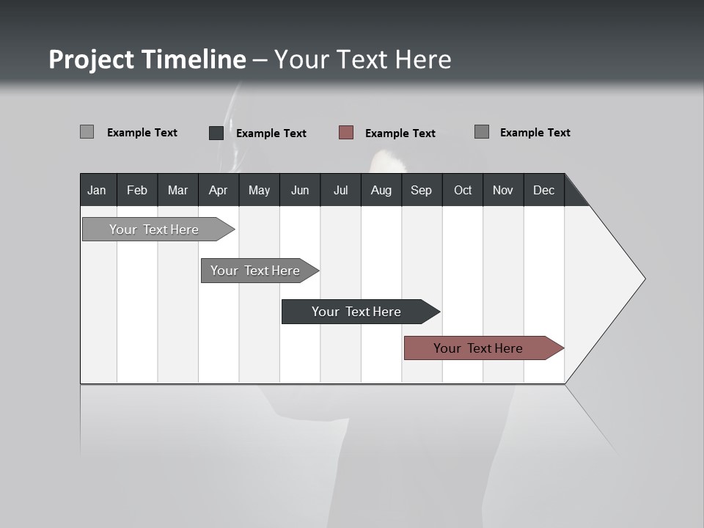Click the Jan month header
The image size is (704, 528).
pos(98,190)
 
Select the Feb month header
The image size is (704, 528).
pos(137,190)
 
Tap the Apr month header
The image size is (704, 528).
pos(218,190)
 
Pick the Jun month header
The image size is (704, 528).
pos(300,190)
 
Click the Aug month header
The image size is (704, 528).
pos(381,190)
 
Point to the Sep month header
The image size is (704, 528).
pos(421,190)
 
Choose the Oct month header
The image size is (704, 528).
pos(463,190)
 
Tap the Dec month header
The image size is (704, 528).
pos(543,190)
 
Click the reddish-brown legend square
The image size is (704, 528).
pos(346,133)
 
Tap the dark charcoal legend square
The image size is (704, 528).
pos(216,133)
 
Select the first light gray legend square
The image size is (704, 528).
pos(87,132)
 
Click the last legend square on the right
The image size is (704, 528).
pos(482,132)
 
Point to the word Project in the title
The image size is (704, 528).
pos(92,59)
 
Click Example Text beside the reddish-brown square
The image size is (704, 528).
pos(400,133)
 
